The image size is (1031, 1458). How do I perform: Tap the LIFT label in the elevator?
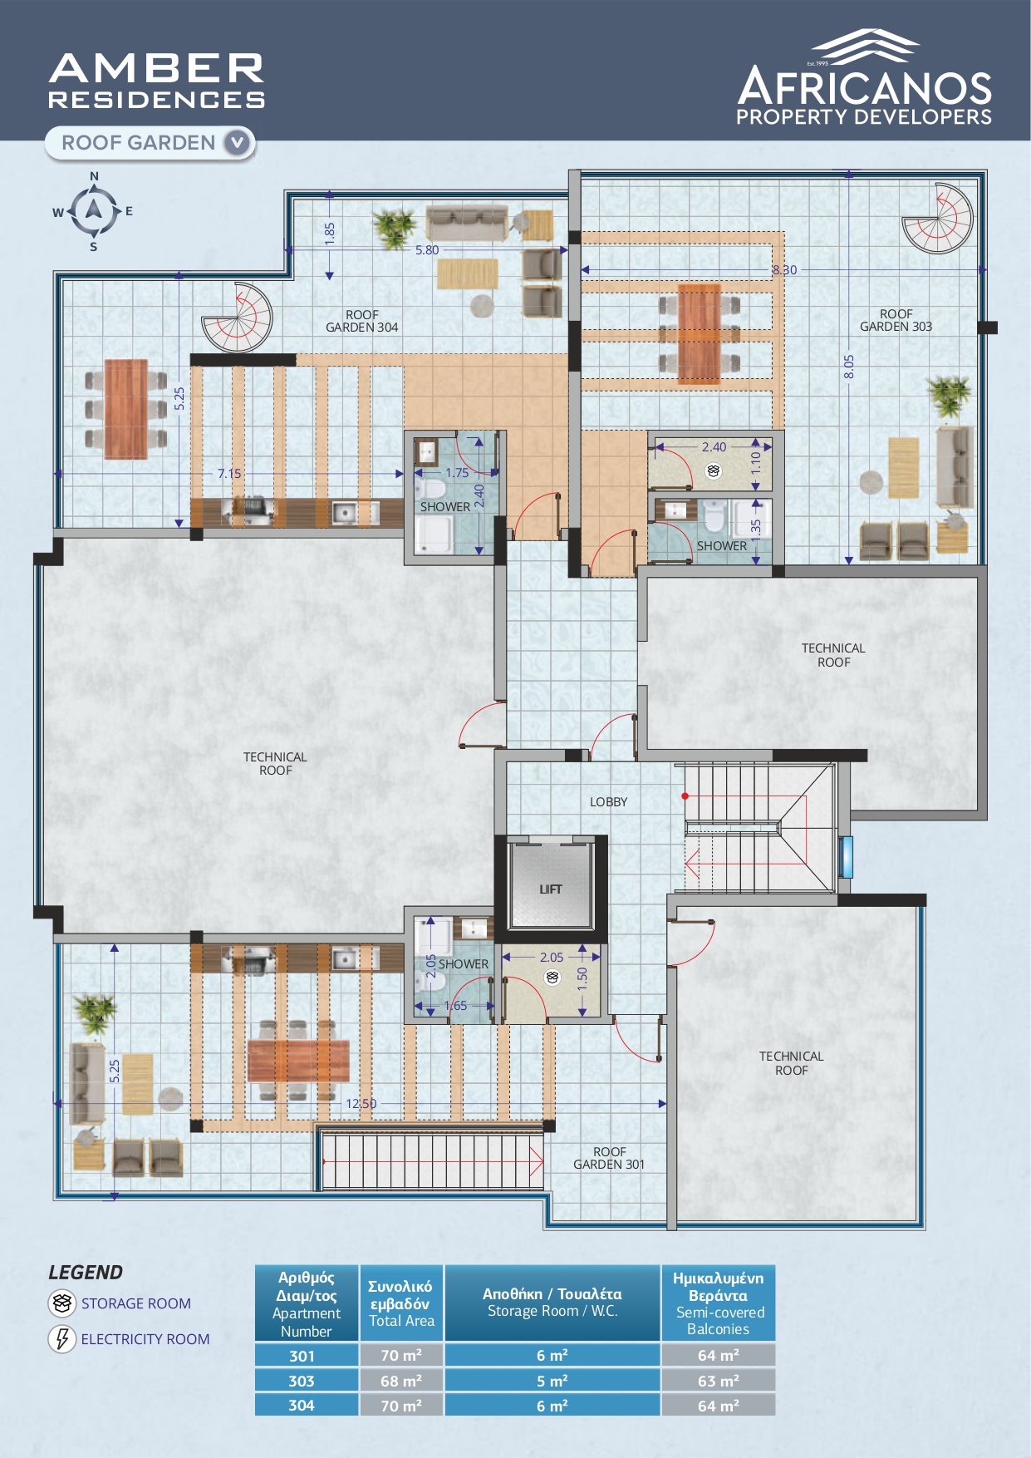point(551,889)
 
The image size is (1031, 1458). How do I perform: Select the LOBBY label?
point(609,802)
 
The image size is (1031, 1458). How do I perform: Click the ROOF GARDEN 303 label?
point(896,320)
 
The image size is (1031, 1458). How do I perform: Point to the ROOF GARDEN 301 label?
point(609,1158)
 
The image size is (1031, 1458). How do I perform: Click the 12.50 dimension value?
point(361,1104)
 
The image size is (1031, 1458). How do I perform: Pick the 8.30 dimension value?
point(784,270)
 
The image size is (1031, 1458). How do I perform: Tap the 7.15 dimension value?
point(229,474)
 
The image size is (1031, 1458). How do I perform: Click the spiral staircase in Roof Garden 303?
point(938,218)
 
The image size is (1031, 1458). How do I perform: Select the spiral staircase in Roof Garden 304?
point(238,318)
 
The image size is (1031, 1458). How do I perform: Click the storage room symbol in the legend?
point(62,1303)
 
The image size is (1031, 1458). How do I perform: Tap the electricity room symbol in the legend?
point(62,1339)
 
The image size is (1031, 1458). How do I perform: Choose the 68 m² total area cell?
point(401,1381)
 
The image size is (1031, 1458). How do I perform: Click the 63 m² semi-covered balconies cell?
point(719,1381)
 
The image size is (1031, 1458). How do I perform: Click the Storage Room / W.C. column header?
point(552,1303)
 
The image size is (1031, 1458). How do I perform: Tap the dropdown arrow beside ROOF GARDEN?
point(237,143)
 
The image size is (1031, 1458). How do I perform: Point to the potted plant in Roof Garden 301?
point(95,1013)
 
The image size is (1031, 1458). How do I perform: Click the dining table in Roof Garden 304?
point(125,409)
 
